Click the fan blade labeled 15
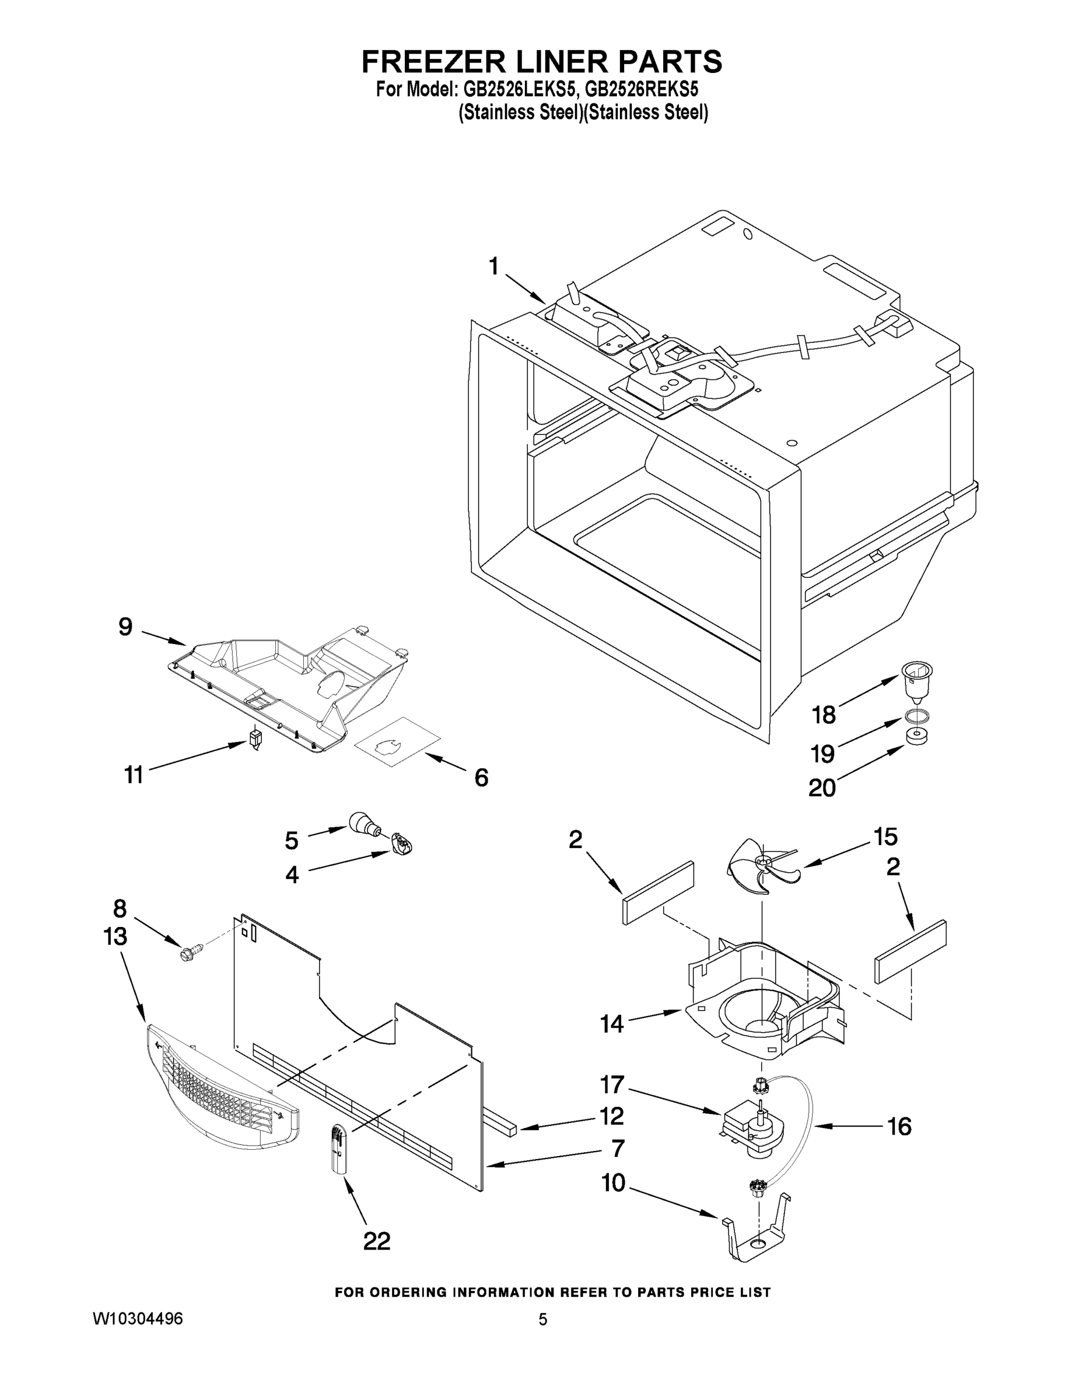759,866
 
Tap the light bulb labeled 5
363,823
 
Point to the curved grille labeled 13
221,1095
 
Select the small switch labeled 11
255,739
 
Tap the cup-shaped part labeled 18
916,681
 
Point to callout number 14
611,1024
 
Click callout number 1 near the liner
493,266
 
